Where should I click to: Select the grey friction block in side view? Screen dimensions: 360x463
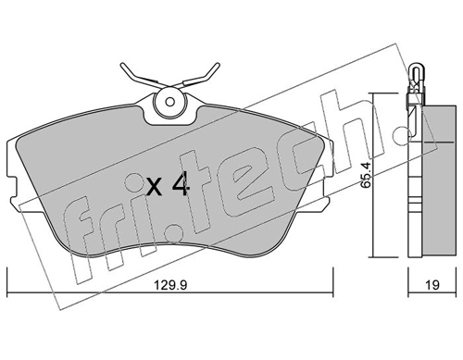[429, 176]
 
